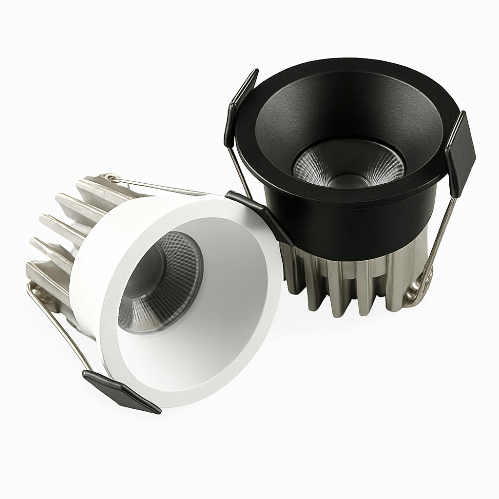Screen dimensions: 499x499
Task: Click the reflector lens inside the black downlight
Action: [x=348, y=164]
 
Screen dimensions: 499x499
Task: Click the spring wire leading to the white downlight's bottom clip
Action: [x=58, y=326]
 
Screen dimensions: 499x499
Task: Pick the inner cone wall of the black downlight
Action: [x=302, y=112]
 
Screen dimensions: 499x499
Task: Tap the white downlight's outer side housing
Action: [x=85, y=292]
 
